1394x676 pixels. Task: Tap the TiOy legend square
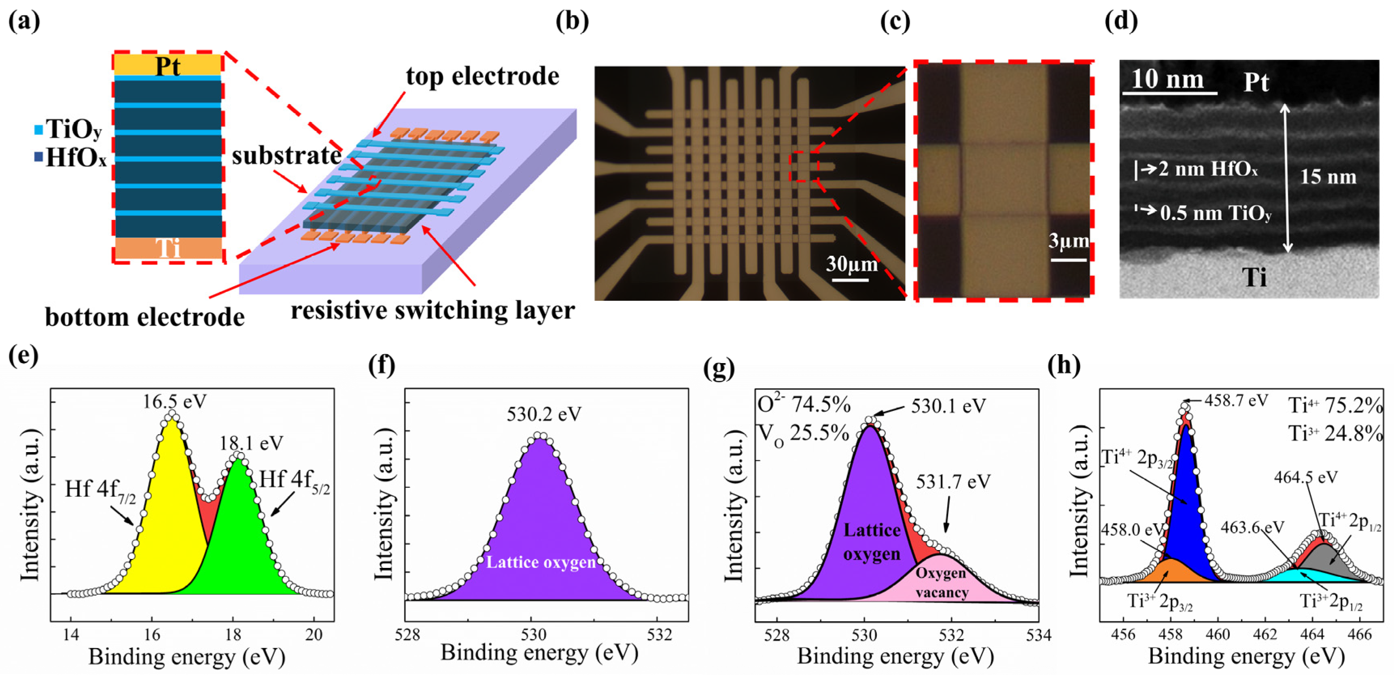pos(38,130)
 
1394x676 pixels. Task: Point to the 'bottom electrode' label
pos(144,317)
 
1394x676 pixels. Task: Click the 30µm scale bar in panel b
pos(850,280)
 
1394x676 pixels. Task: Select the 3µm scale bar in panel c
pos(1068,260)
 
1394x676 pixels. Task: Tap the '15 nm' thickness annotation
pos(1328,176)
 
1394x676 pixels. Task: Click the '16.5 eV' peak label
pos(175,402)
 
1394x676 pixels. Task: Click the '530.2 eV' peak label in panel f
pos(543,414)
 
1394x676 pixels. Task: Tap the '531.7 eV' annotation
pos(953,481)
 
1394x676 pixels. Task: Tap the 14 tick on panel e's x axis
pos(70,634)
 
